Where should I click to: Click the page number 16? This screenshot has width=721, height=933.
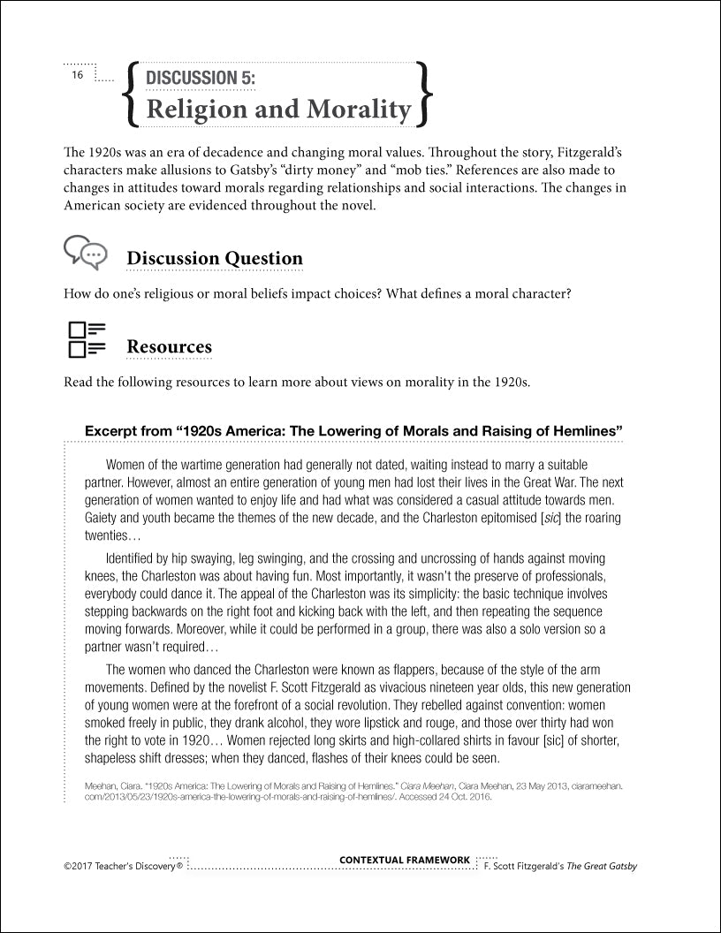click(x=78, y=76)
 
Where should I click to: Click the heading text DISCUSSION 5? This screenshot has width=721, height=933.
click(x=201, y=78)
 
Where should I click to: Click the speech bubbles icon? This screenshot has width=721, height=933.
click(x=86, y=253)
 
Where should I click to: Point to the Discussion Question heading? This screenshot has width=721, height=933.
click(x=215, y=259)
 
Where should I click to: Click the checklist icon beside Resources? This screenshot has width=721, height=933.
click(x=86, y=340)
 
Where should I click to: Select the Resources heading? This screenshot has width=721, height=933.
click(x=169, y=346)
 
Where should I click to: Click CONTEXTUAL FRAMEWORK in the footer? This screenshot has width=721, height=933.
click(x=405, y=860)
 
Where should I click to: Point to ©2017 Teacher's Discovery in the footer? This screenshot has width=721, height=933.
click(x=123, y=867)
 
